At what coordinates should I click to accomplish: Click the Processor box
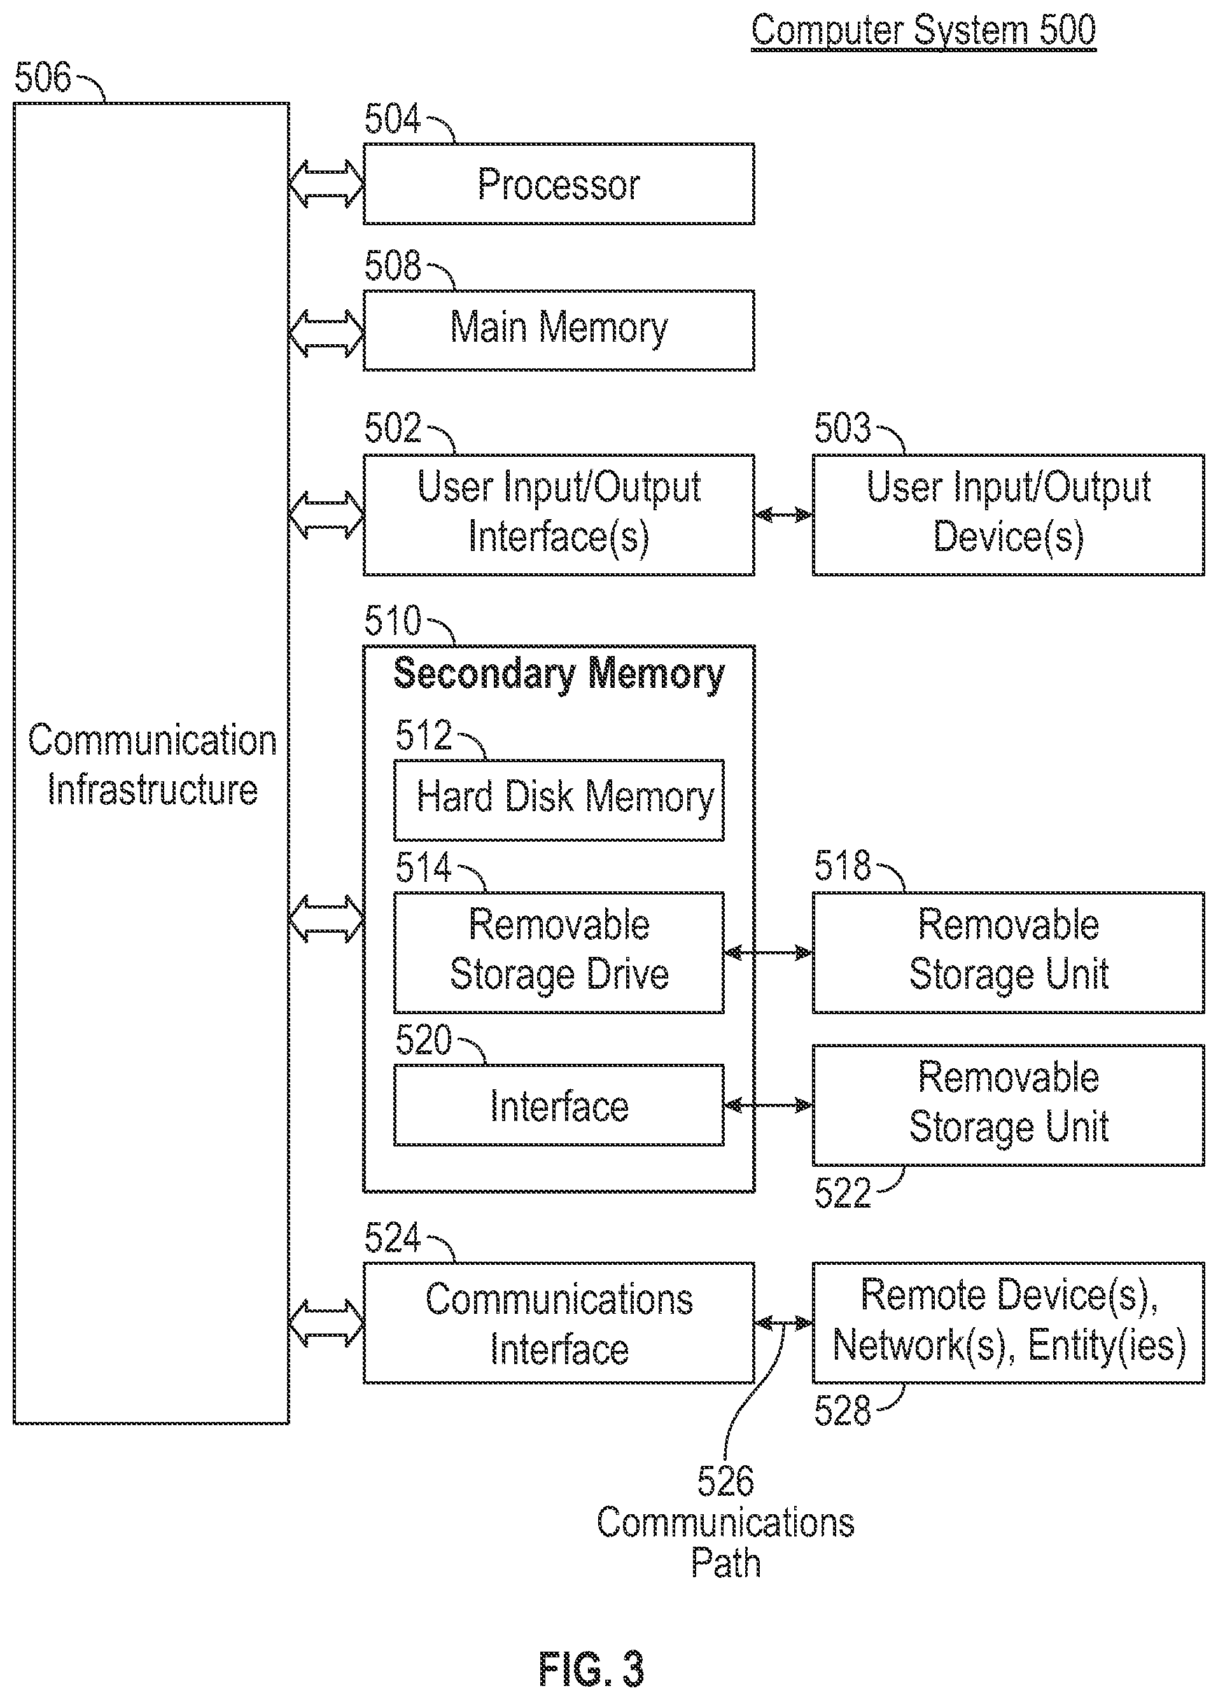point(558,184)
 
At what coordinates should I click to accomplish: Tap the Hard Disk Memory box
point(558,800)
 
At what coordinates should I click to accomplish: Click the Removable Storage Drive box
point(558,952)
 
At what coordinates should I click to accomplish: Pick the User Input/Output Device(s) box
point(1008,514)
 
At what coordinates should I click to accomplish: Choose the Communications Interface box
point(558,1322)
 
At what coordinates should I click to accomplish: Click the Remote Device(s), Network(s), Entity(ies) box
point(1008,1322)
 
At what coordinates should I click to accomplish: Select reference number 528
point(843,1410)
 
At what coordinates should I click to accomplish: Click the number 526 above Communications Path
point(725,1481)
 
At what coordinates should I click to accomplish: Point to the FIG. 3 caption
point(591,1669)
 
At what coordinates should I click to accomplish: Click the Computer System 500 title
point(923,31)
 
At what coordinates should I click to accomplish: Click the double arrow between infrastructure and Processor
point(326,184)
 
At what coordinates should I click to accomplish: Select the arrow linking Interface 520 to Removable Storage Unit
point(768,1105)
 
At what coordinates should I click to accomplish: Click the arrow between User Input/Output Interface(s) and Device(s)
point(783,515)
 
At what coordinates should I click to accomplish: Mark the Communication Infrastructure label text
point(152,765)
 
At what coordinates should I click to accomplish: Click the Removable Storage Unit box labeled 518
point(1008,952)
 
